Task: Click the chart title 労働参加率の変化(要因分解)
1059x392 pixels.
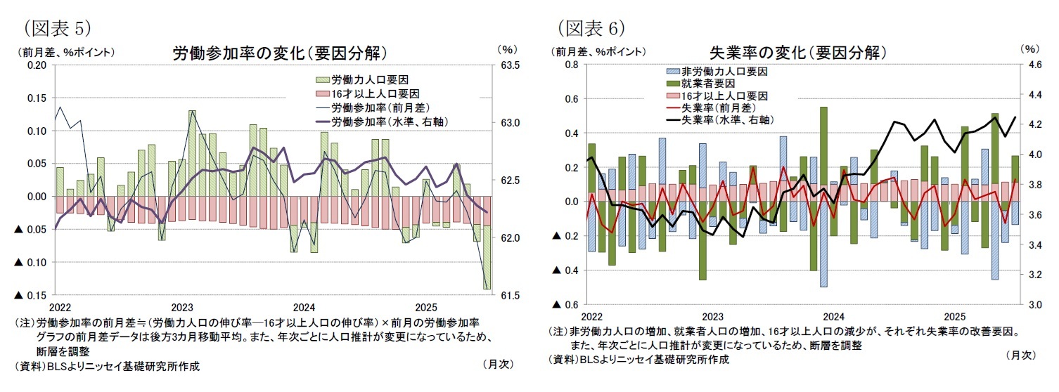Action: [x=280, y=54]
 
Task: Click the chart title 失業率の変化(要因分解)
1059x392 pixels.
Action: [x=798, y=53]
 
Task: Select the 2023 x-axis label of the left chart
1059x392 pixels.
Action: [x=182, y=308]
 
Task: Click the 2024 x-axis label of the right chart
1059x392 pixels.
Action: [x=834, y=316]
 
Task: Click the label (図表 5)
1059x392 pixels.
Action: [x=57, y=28]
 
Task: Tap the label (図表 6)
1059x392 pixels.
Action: [x=591, y=28]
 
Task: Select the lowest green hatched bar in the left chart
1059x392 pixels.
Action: [x=487, y=266]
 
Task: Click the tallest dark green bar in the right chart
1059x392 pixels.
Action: [x=823, y=155]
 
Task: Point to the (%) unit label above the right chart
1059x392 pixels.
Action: [x=1028, y=49]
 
